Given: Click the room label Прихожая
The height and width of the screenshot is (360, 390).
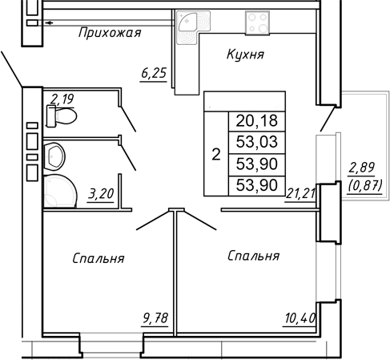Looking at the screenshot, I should (x=111, y=33).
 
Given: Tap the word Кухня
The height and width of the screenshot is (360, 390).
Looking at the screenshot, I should (x=245, y=55).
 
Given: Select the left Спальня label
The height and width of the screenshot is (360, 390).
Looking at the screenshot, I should (x=98, y=258).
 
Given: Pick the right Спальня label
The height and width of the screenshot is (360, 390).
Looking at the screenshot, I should (x=253, y=256).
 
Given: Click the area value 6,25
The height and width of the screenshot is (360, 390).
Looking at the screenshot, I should (x=154, y=74).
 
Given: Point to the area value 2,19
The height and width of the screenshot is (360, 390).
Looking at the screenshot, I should (x=61, y=99).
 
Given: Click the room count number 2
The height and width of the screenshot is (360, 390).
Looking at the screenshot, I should (x=215, y=154).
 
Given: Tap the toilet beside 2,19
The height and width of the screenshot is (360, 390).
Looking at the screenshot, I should (x=63, y=117).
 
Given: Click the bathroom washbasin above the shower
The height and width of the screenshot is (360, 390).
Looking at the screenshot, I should (x=54, y=153).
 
